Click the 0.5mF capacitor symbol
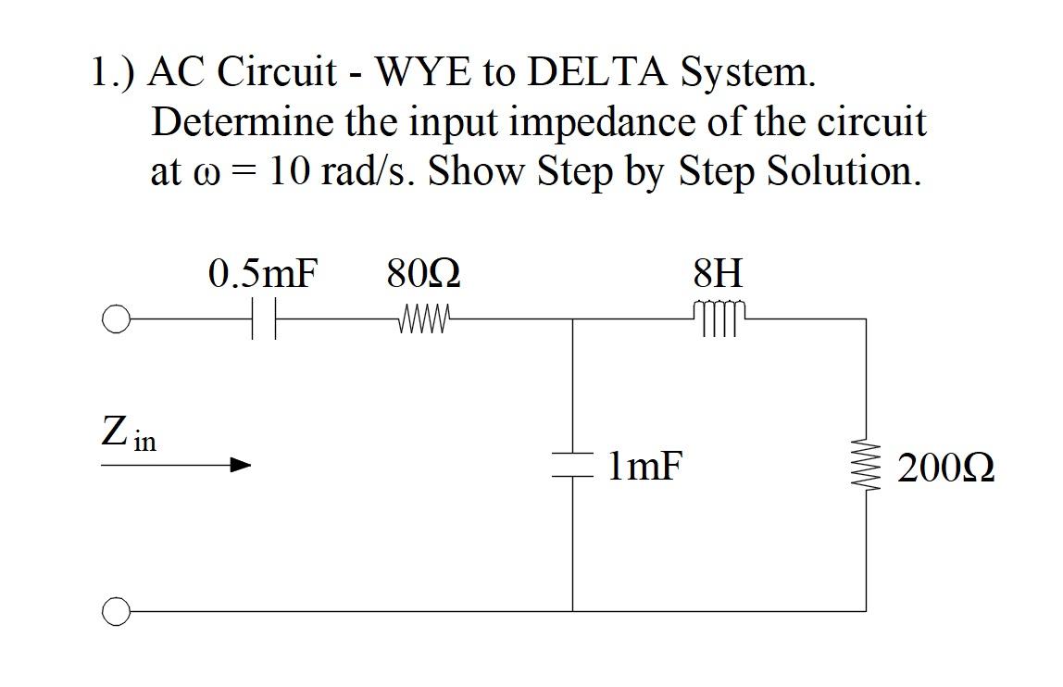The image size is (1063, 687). [263, 320]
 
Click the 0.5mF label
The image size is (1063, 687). [263, 274]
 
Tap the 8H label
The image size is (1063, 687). [718, 274]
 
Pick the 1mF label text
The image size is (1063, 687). [645, 467]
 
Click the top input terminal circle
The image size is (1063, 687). [115, 320]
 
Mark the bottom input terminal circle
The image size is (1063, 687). [115, 611]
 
